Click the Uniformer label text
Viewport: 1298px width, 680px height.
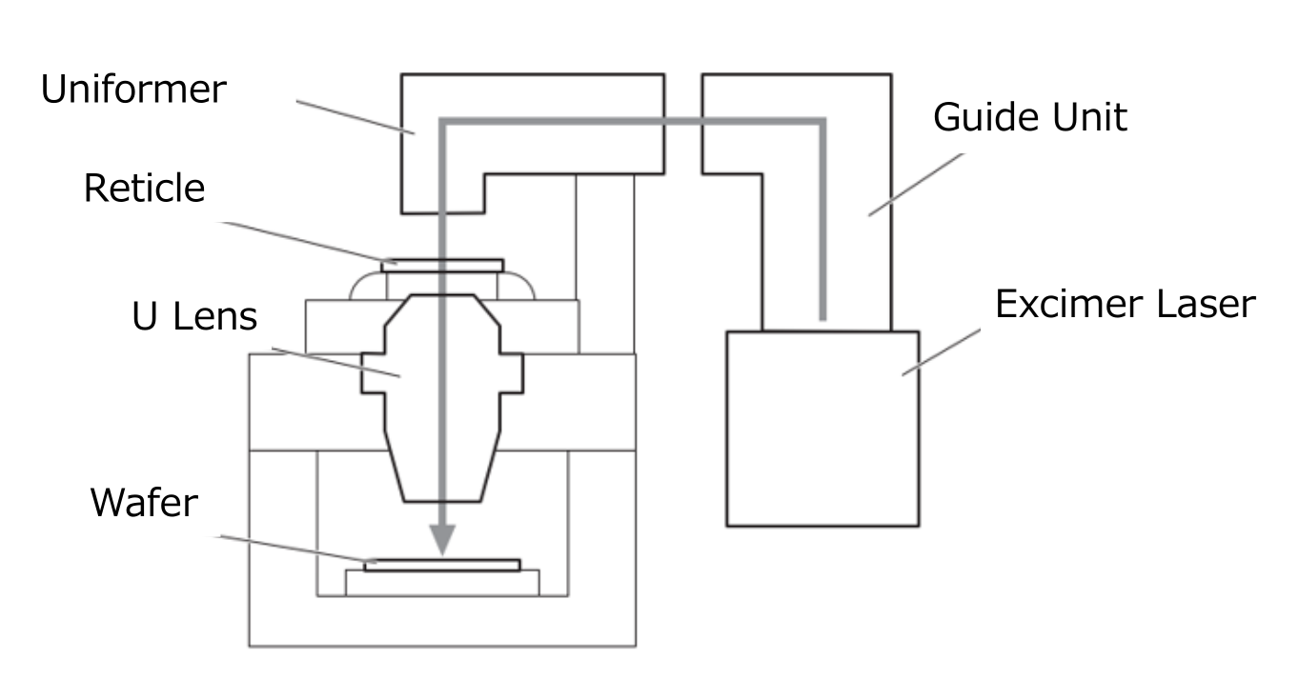[x=133, y=90]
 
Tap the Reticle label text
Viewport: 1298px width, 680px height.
[x=144, y=189]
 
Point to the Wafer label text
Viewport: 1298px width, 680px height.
[x=145, y=502]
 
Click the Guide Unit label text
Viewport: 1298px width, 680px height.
[x=1029, y=118]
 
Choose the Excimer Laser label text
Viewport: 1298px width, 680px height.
[x=1125, y=305]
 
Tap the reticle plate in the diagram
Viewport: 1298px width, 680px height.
[x=442, y=265]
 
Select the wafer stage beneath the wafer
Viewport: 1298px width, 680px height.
[x=442, y=582]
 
